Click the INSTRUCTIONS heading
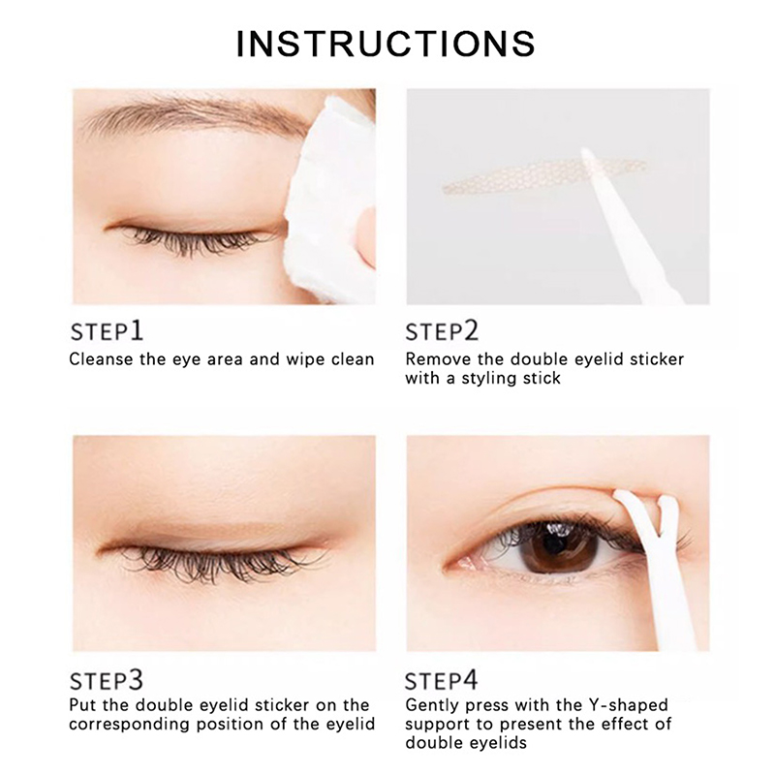coord(386,44)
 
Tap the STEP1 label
coord(107,330)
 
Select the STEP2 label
coord(442,330)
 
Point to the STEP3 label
coord(107,680)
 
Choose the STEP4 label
coord(442,680)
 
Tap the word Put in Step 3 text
coord(82,705)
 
